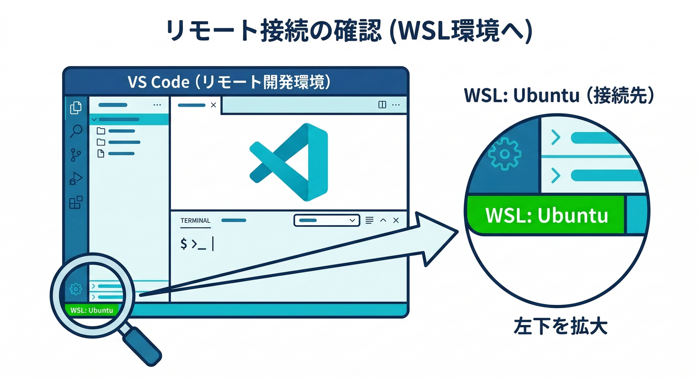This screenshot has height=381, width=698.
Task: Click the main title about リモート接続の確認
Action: (349, 33)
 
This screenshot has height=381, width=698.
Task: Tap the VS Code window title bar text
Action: (229, 82)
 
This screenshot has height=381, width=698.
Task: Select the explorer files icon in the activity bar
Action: (76, 108)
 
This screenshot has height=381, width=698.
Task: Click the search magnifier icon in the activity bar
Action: (76, 131)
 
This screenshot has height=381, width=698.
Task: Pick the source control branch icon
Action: (76, 155)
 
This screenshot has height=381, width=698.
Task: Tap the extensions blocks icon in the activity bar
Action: (76, 202)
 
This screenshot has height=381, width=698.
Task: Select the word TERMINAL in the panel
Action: (195, 220)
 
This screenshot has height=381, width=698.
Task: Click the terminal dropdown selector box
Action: (327, 220)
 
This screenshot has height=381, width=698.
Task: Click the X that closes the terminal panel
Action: (396, 220)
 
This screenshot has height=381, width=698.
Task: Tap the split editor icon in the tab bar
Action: (382, 105)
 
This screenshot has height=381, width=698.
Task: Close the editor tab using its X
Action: (213, 105)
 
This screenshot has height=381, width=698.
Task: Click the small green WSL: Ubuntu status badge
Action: (92, 311)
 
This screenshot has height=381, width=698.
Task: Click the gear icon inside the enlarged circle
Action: (504, 153)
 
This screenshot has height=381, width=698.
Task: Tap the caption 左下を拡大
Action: (560, 327)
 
